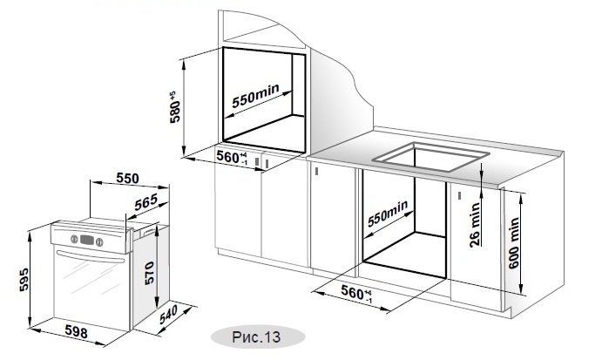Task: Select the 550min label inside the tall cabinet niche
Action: click(x=256, y=98)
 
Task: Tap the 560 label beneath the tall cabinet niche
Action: click(x=230, y=158)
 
